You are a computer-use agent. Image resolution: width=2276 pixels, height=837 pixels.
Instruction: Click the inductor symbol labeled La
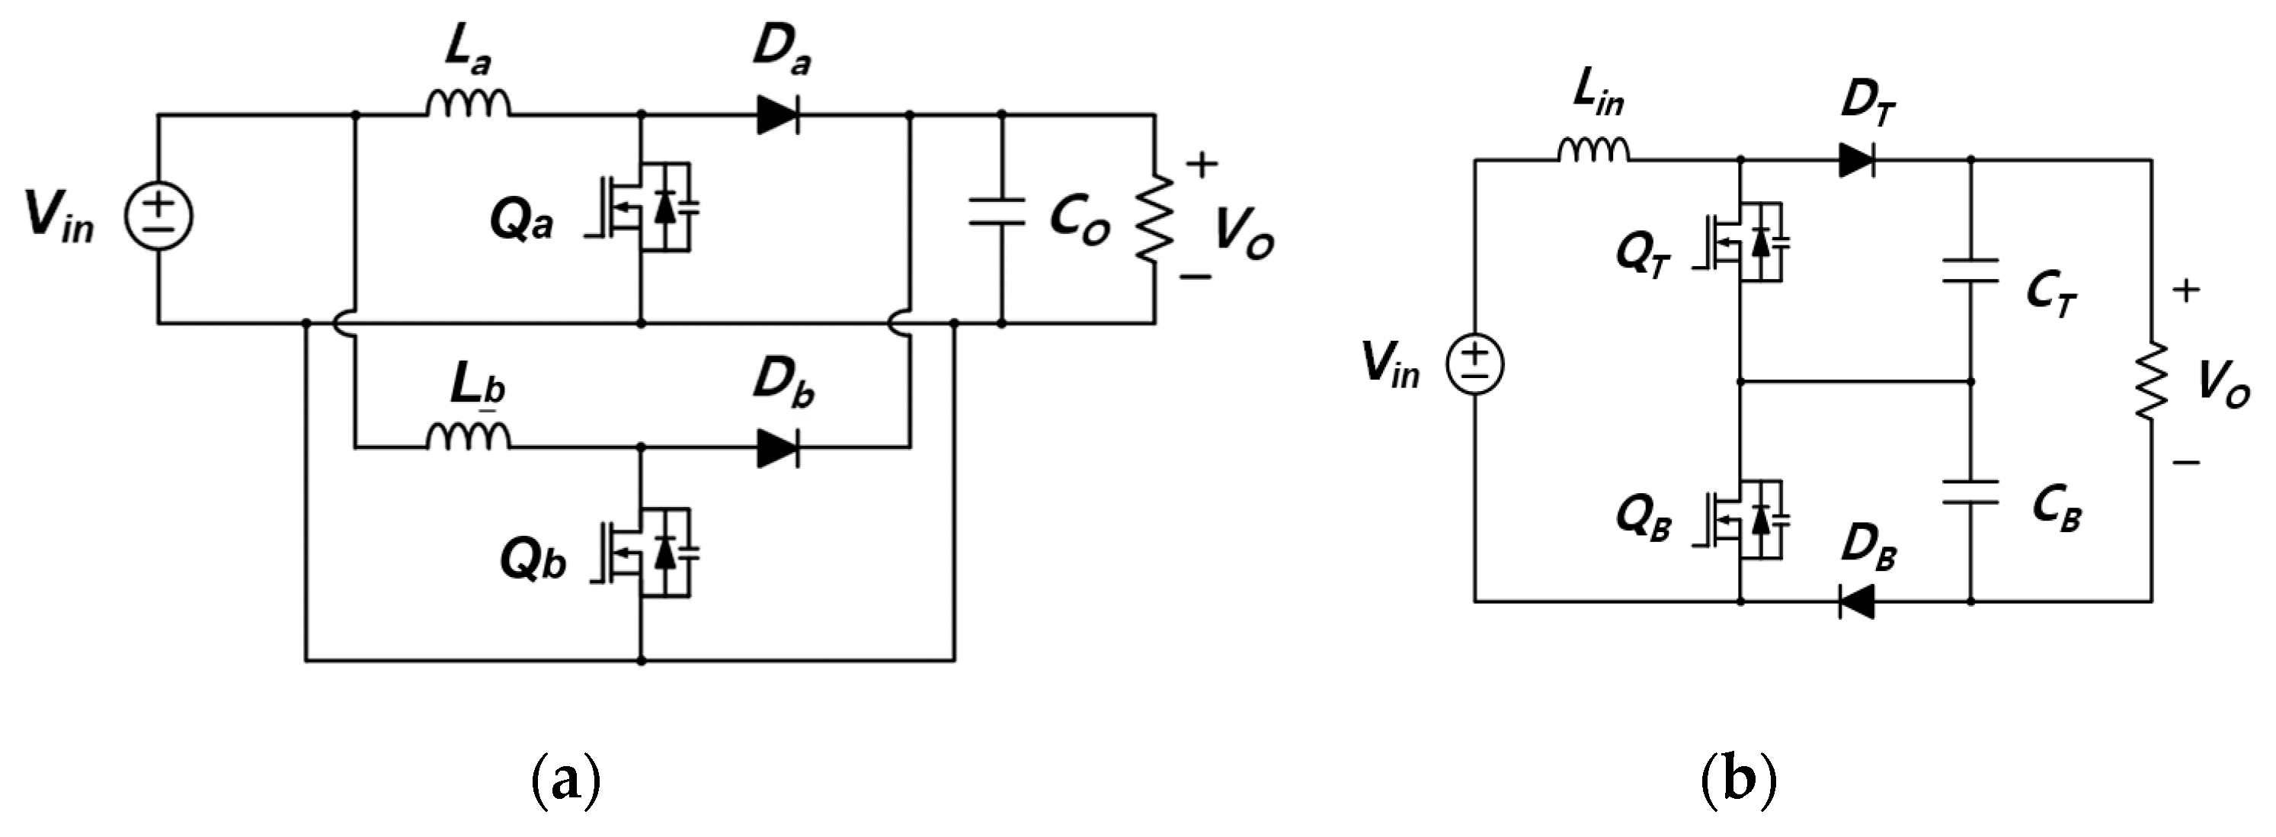pos(469,104)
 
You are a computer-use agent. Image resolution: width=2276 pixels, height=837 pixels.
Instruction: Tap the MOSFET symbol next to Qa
pos(649,207)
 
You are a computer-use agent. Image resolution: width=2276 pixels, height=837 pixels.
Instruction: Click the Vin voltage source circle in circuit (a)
pos(159,216)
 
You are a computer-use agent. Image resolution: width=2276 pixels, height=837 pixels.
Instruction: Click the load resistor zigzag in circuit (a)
pos(1155,216)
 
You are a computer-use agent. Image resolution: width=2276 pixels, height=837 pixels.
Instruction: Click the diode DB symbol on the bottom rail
pos(1855,602)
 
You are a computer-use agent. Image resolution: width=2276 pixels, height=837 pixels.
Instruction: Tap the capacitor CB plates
pos(1970,492)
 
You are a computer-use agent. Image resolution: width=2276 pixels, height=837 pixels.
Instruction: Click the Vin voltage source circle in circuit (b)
pos(1474,365)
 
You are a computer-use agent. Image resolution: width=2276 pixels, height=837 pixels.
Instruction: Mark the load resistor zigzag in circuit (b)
pos(2152,380)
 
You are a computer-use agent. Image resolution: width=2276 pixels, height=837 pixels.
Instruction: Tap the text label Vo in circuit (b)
pos(2221,386)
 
